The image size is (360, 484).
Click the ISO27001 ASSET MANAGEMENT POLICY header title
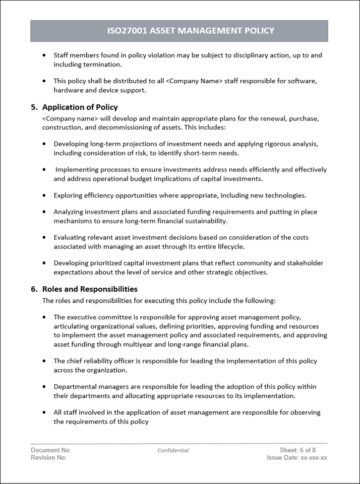point(190,31)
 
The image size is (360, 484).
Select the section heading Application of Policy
point(80,107)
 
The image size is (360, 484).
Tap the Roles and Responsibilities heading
point(90,289)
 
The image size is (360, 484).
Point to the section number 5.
point(34,107)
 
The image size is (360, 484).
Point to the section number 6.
point(34,289)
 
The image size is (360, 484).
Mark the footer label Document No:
point(51,450)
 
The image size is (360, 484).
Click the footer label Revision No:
point(49,458)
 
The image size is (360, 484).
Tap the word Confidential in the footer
point(173,450)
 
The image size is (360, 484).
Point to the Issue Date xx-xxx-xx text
point(297,458)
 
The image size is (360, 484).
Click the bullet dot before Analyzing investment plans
point(45,212)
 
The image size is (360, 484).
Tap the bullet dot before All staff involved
point(45,412)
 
